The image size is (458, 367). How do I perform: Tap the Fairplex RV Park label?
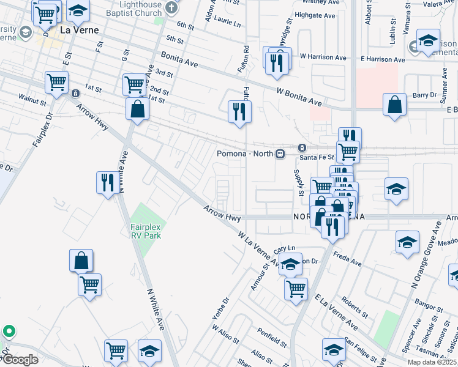[x=145, y=231]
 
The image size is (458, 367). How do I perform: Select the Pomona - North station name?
[x=245, y=154]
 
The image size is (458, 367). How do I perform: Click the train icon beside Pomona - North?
[x=280, y=154]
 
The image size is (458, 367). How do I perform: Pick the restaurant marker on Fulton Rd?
[x=239, y=111]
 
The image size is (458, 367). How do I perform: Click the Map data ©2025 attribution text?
[x=431, y=362]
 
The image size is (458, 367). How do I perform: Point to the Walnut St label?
[x=32, y=97]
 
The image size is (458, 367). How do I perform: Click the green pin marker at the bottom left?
[x=9, y=332]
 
